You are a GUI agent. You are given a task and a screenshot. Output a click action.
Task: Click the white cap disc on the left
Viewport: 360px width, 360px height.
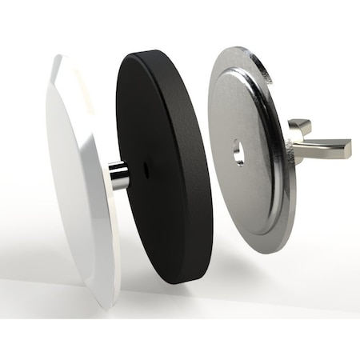[76, 184]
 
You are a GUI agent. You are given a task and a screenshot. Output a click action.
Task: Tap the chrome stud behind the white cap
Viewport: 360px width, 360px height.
[119, 175]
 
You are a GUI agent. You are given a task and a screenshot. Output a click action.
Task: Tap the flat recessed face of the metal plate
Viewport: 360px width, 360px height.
[240, 184]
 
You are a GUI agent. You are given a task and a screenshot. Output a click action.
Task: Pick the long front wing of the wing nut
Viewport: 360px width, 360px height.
[324, 149]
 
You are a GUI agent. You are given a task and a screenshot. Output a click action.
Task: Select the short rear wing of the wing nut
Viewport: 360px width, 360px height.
[299, 126]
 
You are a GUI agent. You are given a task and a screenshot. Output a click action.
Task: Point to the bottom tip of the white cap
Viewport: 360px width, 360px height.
[108, 307]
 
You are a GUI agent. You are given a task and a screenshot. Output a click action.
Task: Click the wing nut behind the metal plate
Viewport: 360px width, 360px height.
[316, 144]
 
